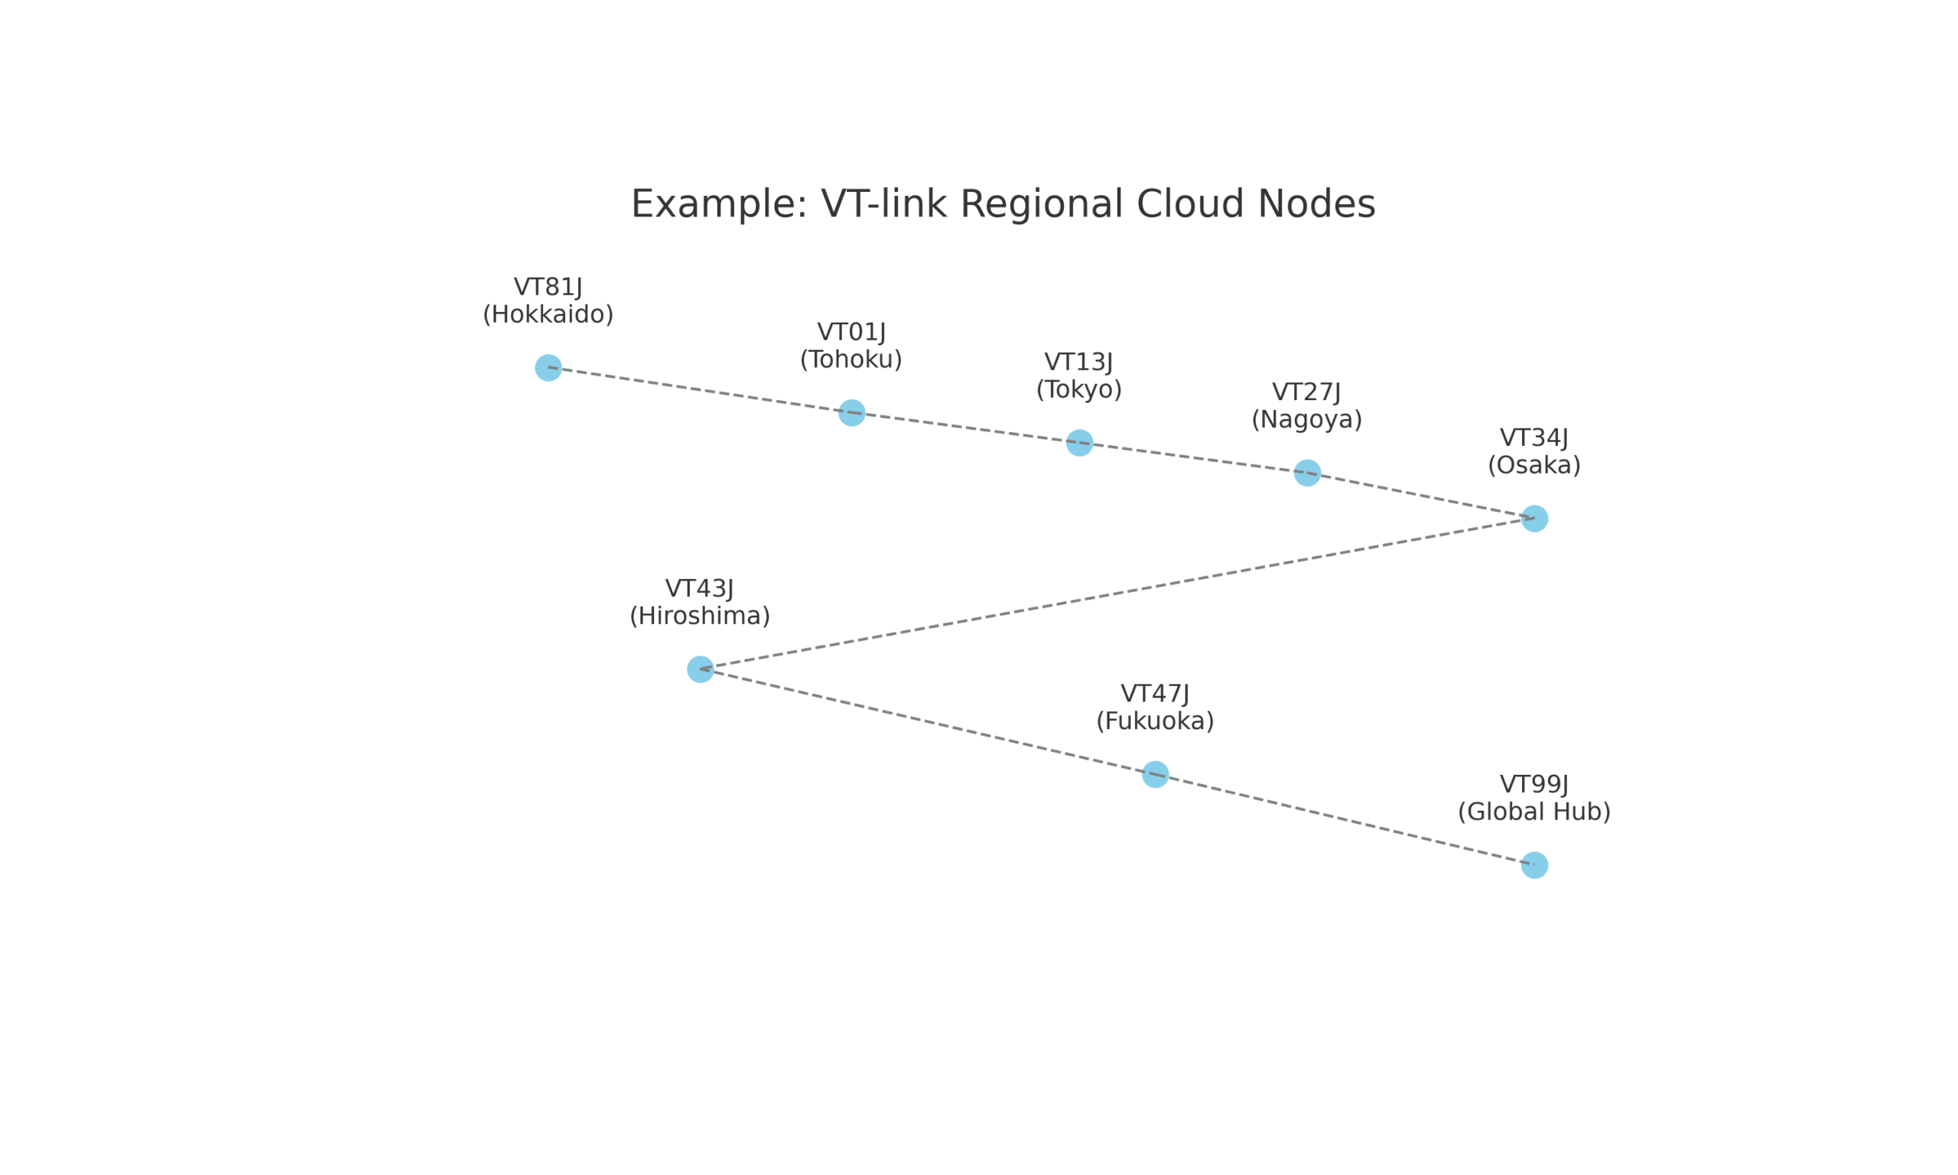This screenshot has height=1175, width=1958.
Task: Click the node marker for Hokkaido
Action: (548, 367)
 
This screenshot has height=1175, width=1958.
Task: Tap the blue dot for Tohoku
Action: (851, 412)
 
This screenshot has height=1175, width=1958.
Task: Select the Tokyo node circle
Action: (1078, 443)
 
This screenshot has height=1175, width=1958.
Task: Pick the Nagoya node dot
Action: (1306, 473)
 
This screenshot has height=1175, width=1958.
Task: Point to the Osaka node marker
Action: (1534, 519)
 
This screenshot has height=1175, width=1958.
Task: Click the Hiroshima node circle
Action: (700, 669)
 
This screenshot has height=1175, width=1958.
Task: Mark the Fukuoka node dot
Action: (1155, 774)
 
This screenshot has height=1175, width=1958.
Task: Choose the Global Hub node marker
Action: (1534, 865)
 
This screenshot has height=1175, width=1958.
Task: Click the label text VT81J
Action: (548, 287)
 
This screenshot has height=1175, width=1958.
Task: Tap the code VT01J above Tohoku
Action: (851, 332)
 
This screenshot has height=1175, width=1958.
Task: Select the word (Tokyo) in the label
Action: (1078, 389)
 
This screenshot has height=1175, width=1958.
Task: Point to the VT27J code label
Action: (1306, 392)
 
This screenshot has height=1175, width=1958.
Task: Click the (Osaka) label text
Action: (1534, 466)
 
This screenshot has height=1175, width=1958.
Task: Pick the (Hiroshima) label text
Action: (700, 616)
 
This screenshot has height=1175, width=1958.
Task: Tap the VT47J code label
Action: (1155, 694)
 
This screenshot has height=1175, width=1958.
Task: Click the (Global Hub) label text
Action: (1534, 812)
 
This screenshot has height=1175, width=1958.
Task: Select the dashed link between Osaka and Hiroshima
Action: (1117, 594)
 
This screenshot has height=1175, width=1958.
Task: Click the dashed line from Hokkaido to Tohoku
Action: (700, 390)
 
